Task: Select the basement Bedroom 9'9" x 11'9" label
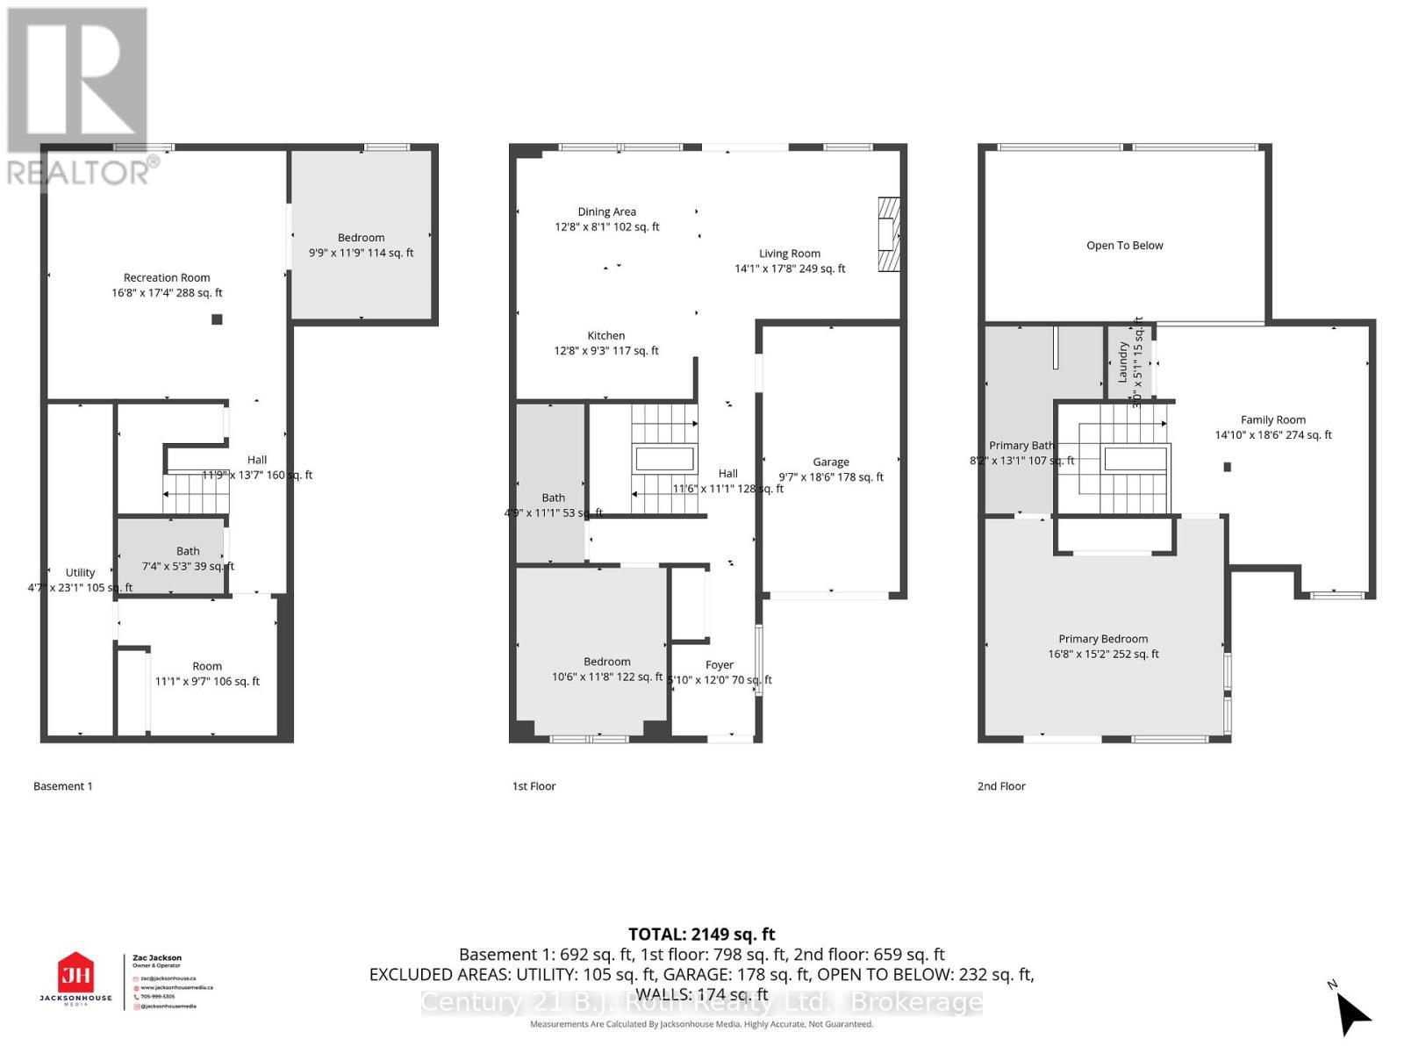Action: click(x=361, y=245)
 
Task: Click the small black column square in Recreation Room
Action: click(x=217, y=319)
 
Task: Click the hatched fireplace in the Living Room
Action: click(x=889, y=234)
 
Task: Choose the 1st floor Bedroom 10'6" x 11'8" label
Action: click(x=607, y=669)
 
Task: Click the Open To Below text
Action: click(x=1124, y=246)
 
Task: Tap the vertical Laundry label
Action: click(x=1122, y=362)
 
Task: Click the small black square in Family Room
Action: click(x=1228, y=467)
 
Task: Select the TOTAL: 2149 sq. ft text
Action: click(x=701, y=935)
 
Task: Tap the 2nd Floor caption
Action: click(x=1001, y=786)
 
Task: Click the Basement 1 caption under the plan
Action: click(x=62, y=786)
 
